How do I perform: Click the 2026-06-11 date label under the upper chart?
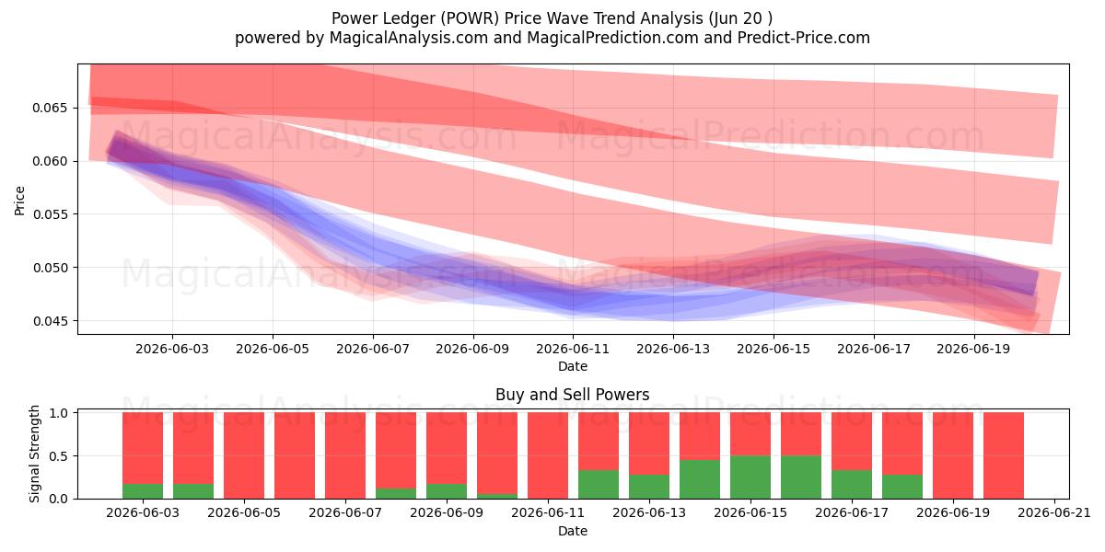(573, 349)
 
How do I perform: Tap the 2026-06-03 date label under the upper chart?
(172, 349)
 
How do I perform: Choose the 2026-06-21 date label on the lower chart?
(1054, 513)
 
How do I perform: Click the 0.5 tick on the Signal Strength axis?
(58, 456)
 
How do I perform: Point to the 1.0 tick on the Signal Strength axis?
(58, 413)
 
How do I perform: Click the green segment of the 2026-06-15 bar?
(750, 477)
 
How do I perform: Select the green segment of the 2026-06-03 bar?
(143, 491)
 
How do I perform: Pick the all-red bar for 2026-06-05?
(244, 456)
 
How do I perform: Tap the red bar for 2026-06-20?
(1004, 456)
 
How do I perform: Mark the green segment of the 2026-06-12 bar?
(599, 485)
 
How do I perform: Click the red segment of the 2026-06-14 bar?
(700, 436)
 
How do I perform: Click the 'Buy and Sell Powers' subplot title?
(572, 395)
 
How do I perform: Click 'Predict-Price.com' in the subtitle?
(804, 38)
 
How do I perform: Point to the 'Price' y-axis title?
(19, 201)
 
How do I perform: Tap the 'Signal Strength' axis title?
(34, 454)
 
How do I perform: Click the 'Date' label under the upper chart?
(572, 367)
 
